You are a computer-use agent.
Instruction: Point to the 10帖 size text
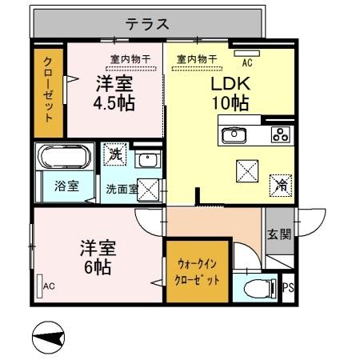(x=231, y=103)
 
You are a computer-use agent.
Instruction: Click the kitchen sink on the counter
(x=234, y=134)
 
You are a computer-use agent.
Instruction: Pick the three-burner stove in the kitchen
(x=280, y=134)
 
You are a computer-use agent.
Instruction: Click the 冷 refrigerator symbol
(x=280, y=183)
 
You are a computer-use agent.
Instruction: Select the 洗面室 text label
(x=121, y=189)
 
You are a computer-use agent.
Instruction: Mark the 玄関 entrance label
(x=280, y=234)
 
